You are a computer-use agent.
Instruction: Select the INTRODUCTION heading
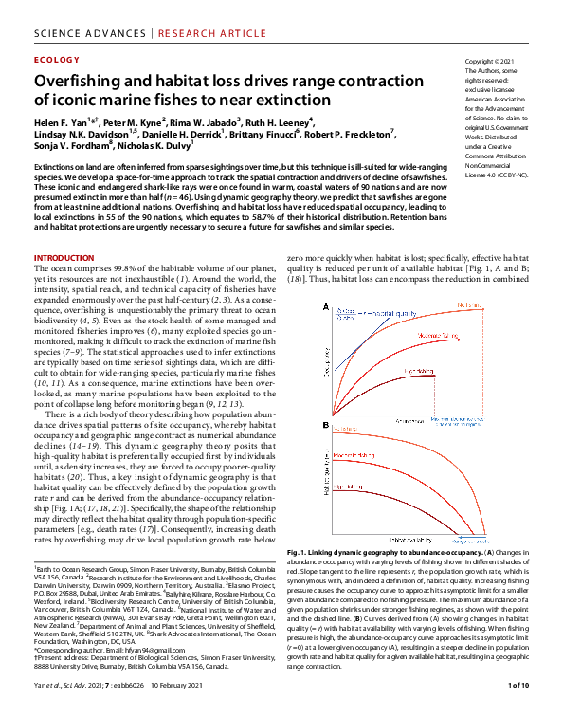tap(64, 259)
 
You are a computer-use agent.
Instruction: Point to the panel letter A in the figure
tap(326, 308)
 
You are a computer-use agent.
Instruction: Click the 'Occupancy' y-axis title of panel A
tap(330, 361)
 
